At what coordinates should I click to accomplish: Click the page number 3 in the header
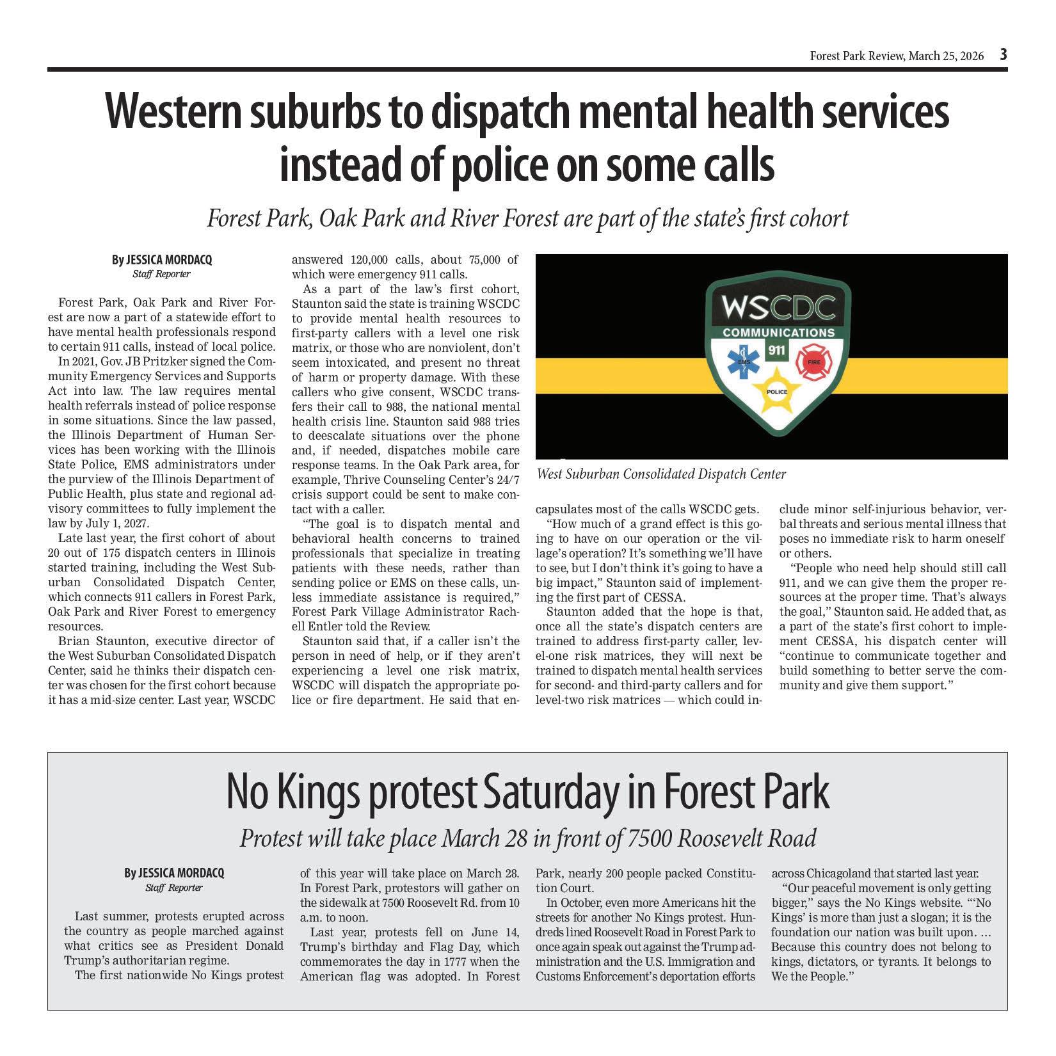[x=1004, y=55]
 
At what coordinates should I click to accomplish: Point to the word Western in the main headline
[x=170, y=113]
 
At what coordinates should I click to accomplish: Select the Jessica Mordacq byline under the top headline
[x=161, y=260]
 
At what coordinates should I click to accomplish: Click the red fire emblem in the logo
[x=811, y=362]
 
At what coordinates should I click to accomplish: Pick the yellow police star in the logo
[x=777, y=392]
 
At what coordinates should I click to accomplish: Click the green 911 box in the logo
[x=778, y=351]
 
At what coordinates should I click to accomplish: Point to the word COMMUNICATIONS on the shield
[x=778, y=333]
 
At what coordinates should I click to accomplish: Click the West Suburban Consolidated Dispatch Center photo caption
[x=661, y=474]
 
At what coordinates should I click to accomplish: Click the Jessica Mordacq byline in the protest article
[x=174, y=873]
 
